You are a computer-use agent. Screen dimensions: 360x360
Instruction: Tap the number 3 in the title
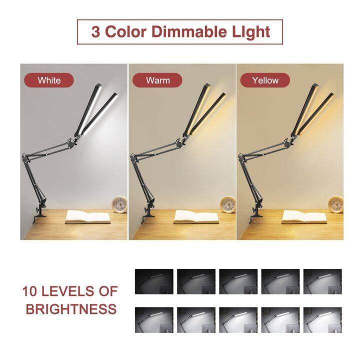click(95, 32)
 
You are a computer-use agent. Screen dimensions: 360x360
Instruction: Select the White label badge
click(49, 80)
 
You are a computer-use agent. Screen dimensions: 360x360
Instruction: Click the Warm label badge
click(157, 80)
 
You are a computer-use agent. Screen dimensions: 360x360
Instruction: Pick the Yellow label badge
click(265, 80)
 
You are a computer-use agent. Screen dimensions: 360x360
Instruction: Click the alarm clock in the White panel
click(119, 204)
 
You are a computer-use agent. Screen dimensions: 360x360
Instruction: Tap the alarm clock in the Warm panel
click(228, 204)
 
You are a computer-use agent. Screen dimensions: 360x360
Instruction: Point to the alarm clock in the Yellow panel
click(335, 204)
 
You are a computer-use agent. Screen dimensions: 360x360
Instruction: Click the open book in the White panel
click(88, 217)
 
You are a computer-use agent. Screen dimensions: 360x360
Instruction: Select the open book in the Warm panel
click(196, 217)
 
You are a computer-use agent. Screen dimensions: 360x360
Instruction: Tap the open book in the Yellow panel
click(304, 217)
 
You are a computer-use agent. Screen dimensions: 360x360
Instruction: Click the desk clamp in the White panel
click(39, 210)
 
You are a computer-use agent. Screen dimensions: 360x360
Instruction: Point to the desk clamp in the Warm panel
click(148, 210)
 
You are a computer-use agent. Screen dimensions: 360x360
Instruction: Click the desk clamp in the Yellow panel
click(256, 210)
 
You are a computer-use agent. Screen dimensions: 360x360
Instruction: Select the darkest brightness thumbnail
click(154, 281)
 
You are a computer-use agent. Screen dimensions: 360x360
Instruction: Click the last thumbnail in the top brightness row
click(322, 281)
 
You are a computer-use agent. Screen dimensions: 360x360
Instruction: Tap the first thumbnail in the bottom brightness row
click(154, 320)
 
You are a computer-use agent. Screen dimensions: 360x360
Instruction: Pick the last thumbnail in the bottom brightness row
click(322, 320)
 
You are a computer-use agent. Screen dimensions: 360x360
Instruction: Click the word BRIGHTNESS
click(71, 309)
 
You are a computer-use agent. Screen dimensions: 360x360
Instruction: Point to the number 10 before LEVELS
click(30, 291)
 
